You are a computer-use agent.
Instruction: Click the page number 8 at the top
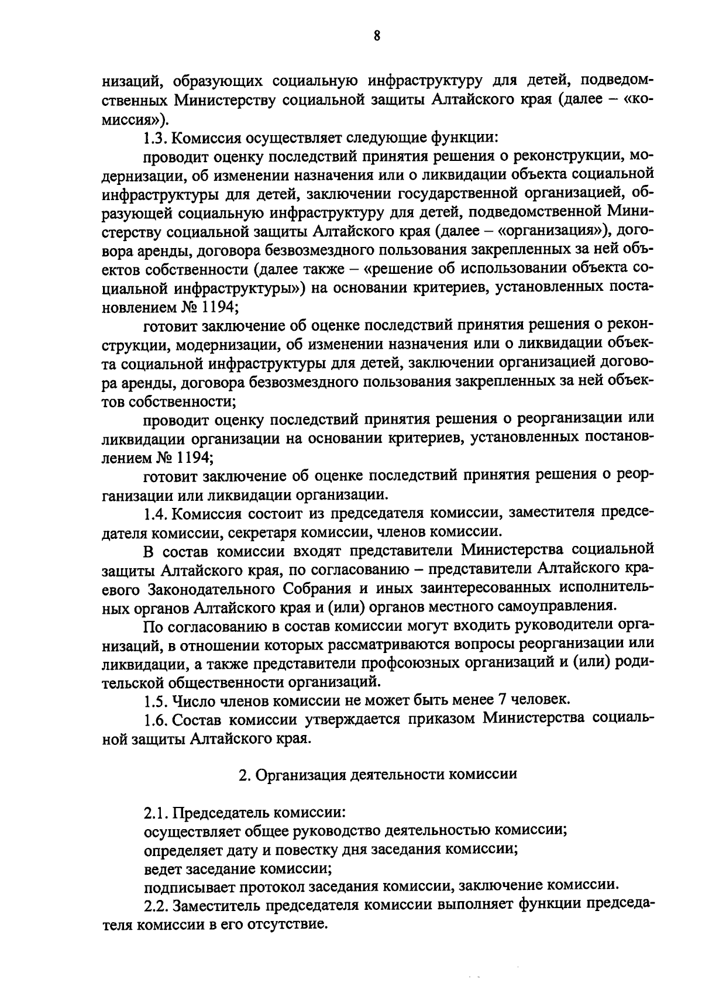click(377, 36)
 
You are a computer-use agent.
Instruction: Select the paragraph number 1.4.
click(155, 513)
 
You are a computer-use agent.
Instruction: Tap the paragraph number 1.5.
click(155, 699)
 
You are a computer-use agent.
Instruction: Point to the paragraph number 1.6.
click(155, 719)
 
